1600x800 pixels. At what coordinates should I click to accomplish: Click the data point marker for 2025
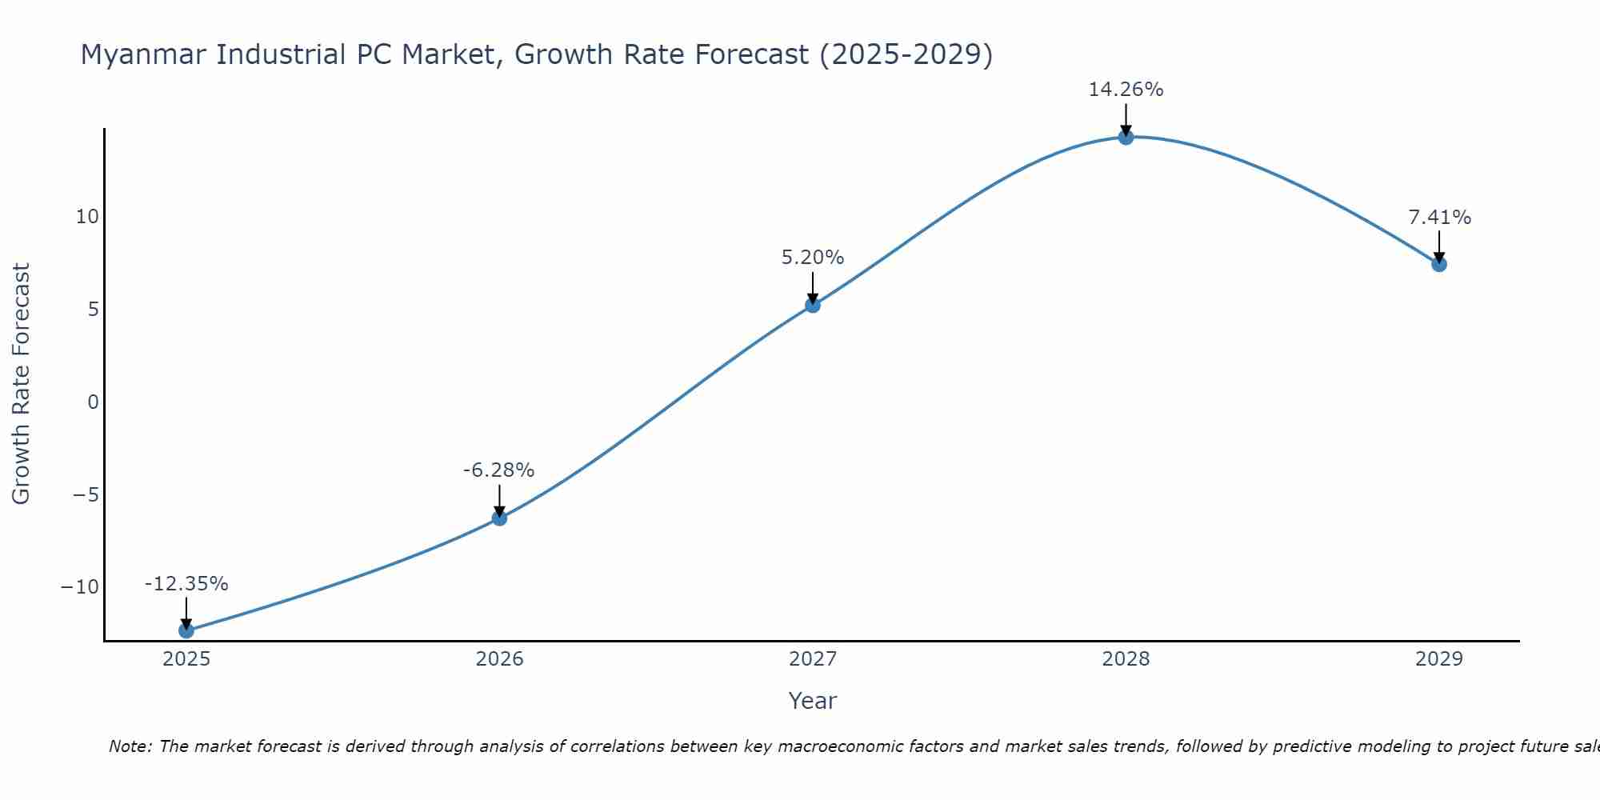tap(186, 630)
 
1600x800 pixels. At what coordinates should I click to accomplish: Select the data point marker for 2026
tap(499, 518)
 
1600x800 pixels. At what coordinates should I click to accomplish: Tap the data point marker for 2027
tap(813, 305)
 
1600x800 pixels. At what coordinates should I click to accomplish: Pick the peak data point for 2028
tap(1126, 137)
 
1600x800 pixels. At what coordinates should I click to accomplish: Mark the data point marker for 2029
tap(1439, 264)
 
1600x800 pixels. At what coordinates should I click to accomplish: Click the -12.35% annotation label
tap(186, 584)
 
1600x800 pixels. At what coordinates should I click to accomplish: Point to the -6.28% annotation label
tap(498, 470)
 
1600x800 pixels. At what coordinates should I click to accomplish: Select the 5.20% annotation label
tap(813, 258)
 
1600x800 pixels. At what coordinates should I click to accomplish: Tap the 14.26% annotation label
tap(1126, 90)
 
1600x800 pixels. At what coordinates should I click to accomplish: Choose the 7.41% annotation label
tap(1439, 218)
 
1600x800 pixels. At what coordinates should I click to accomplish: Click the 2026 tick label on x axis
tap(499, 659)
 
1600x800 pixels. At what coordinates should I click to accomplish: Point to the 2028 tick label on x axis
tap(1126, 659)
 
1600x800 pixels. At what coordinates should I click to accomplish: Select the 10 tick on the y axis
tap(87, 217)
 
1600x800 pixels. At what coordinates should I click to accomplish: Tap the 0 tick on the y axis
tap(94, 402)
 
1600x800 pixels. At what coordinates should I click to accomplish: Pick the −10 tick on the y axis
tap(80, 587)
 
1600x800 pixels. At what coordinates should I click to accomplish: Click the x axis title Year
tap(812, 701)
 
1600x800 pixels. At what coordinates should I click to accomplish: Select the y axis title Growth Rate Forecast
tap(21, 384)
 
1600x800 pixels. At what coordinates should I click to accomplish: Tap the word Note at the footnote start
tap(130, 746)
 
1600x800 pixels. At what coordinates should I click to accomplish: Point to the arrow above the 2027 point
tap(813, 286)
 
